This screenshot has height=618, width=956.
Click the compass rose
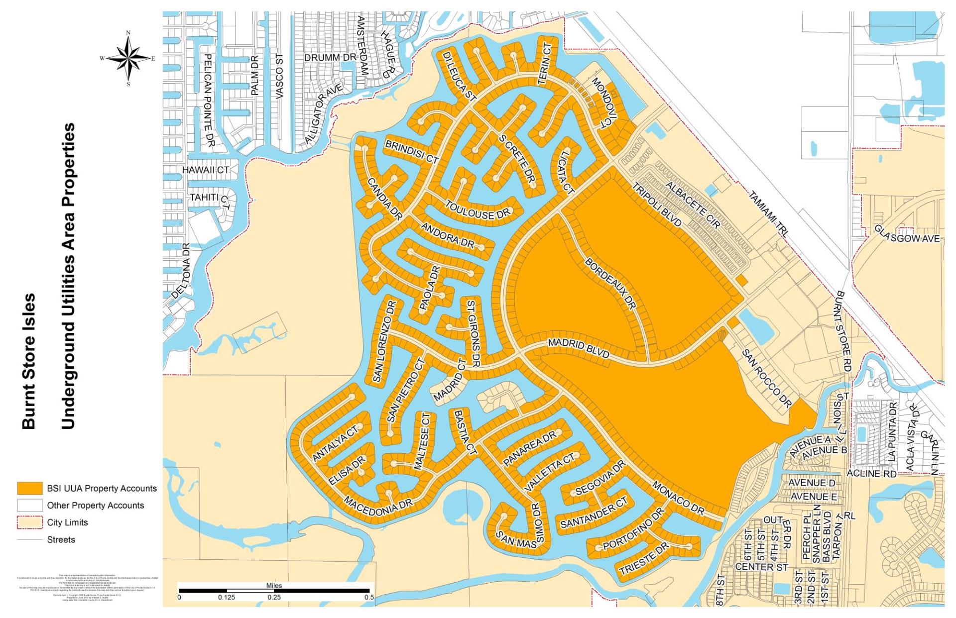pyautogui.click(x=128, y=59)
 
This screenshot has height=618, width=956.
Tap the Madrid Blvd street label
pyautogui.click(x=579, y=348)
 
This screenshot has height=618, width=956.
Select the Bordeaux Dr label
pyautogui.click(x=610, y=284)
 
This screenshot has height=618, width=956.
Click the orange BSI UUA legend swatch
pyautogui.click(x=30, y=488)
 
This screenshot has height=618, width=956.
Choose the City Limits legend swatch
pyautogui.click(x=30, y=522)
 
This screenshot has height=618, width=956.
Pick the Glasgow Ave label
pyautogui.click(x=907, y=235)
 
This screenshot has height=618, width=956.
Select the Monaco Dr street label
pyautogui.click(x=679, y=498)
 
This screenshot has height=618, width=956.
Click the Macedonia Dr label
pyautogui.click(x=379, y=506)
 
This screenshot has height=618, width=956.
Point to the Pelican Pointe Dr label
pyautogui.click(x=208, y=100)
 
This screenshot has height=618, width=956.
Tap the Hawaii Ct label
pyautogui.click(x=205, y=170)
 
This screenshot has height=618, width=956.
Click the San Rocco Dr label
pyautogui.click(x=767, y=379)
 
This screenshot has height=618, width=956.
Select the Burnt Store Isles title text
pyautogui.click(x=28, y=361)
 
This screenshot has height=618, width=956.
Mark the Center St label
pyautogui.click(x=762, y=566)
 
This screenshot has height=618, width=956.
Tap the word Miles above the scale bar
pyautogui.click(x=274, y=585)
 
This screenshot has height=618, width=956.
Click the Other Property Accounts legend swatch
pyautogui.click(x=30, y=505)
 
